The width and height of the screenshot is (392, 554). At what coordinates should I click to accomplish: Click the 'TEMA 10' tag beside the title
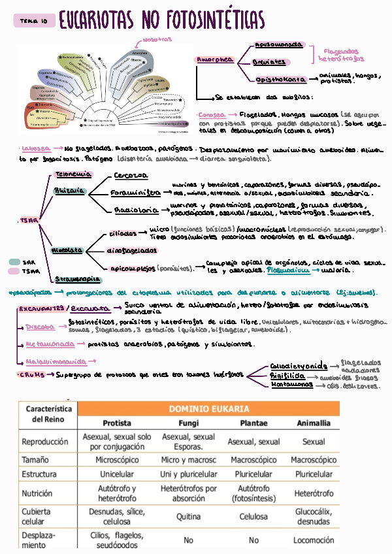click(33, 22)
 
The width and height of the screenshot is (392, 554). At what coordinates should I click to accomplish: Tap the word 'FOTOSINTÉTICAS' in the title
click(212, 21)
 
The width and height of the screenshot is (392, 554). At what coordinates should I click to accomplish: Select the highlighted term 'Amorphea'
click(214, 59)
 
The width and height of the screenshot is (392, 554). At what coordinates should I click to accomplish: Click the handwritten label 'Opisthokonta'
click(281, 80)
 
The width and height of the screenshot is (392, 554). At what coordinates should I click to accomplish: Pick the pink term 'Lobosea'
click(33, 148)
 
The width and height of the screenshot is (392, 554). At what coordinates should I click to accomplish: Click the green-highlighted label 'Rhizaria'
click(69, 191)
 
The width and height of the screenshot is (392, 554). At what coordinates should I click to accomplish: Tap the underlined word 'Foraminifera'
click(135, 193)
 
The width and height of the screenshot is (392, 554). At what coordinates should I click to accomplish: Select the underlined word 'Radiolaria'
click(136, 210)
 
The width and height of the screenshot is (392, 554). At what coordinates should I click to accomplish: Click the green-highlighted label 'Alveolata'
click(67, 250)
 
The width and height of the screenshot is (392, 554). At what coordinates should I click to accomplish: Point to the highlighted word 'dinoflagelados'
click(131, 250)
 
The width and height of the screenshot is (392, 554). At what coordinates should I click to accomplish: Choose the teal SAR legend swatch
click(14, 261)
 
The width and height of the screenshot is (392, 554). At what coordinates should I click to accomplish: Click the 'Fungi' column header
click(188, 423)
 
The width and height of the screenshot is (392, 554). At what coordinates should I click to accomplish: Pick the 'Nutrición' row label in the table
click(37, 493)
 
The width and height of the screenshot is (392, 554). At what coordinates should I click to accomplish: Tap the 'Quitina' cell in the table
click(188, 516)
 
